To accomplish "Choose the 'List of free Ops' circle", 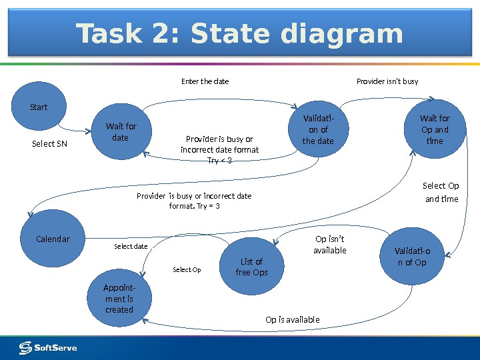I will [x=252, y=267].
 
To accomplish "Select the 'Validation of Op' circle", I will [x=412, y=257].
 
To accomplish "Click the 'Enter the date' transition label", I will [x=205, y=81].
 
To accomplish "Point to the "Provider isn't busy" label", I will [x=387, y=81].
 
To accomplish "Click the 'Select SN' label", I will [x=50, y=143].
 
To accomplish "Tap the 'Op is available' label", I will [x=292, y=320].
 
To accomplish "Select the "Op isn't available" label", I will [x=330, y=245].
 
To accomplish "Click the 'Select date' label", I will [x=131, y=247].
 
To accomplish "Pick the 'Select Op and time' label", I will [x=441, y=193].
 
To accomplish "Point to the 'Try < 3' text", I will [x=219, y=161].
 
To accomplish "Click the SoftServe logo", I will [x=48, y=348].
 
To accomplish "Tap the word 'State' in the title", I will [x=231, y=34].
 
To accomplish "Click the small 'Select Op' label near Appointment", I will [x=187, y=270].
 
